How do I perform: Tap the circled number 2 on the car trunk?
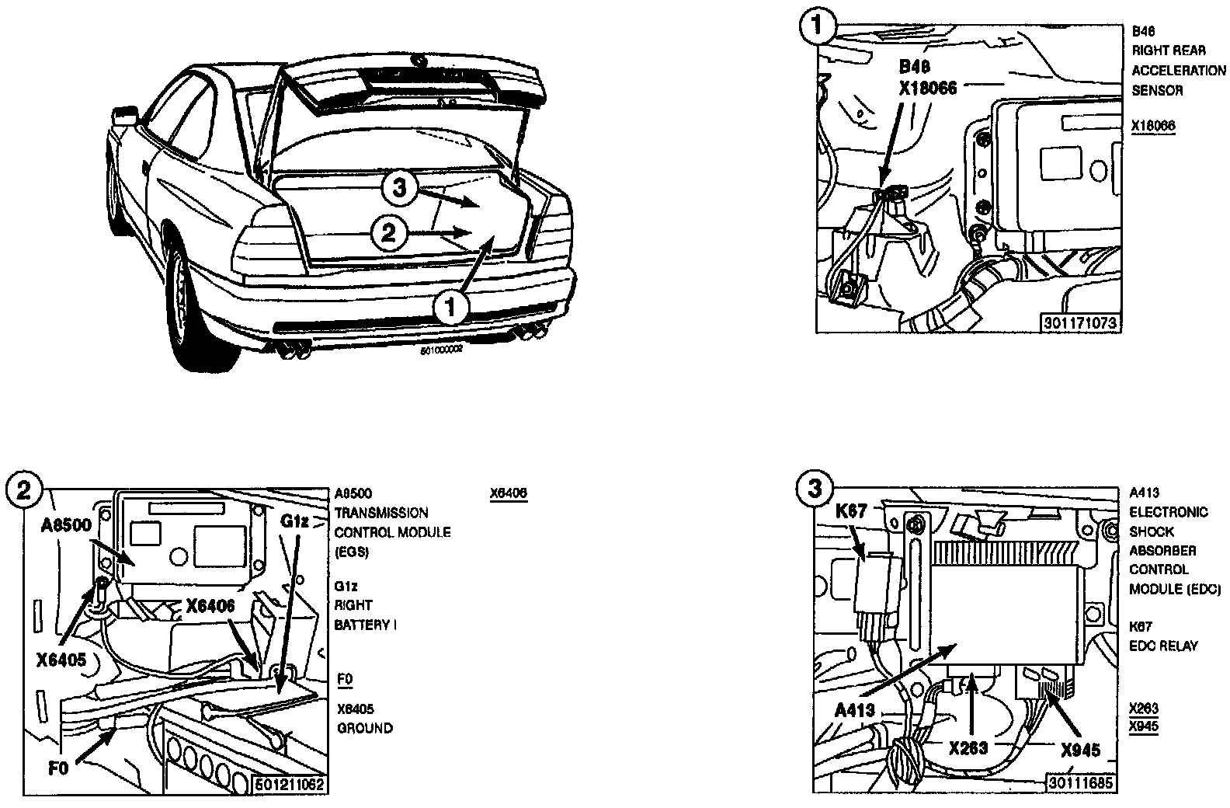pyautogui.click(x=389, y=232)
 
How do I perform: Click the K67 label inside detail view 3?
pyautogui.click(x=851, y=512)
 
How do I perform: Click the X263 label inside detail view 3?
pyautogui.click(x=968, y=747)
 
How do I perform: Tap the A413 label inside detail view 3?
pyautogui.click(x=854, y=709)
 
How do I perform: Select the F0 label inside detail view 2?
pyautogui.click(x=58, y=768)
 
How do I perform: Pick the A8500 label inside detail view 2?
pyautogui.click(x=66, y=524)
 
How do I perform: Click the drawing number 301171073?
pyautogui.click(x=1083, y=322)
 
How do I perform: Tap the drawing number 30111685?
pyautogui.click(x=1080, y=782)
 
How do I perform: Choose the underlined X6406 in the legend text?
pyautogui.click(x=509, y=493)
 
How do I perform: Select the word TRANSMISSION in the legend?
pyautogui.click(x=381, y=513)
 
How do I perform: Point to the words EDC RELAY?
pyautogui.click(x=1163, y=646)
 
